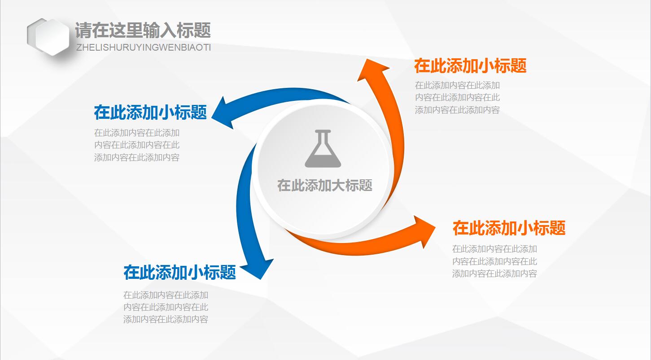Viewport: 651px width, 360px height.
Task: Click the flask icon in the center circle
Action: click(x=323, y=149)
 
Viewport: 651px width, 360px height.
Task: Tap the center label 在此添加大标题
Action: click(x=325, y=185)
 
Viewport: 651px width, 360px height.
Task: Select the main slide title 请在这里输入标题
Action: click(x=143, y=30)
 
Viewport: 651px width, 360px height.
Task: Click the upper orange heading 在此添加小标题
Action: click(x=470, y=66)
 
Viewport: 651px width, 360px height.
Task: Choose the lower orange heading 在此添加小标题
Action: click(x=509, y=228)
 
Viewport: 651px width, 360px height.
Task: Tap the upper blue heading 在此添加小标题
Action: click(x=150, y=113)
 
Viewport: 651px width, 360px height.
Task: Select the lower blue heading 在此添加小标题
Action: click(x=179, y=272)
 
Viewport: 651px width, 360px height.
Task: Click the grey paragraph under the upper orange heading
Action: click(x=457, y=97)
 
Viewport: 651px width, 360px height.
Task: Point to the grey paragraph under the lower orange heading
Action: click(x=494, y=261)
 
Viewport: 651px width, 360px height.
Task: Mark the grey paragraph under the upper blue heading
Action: click(x=137, y=145)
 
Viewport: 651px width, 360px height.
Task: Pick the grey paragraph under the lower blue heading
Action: click(x=166, y=307)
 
